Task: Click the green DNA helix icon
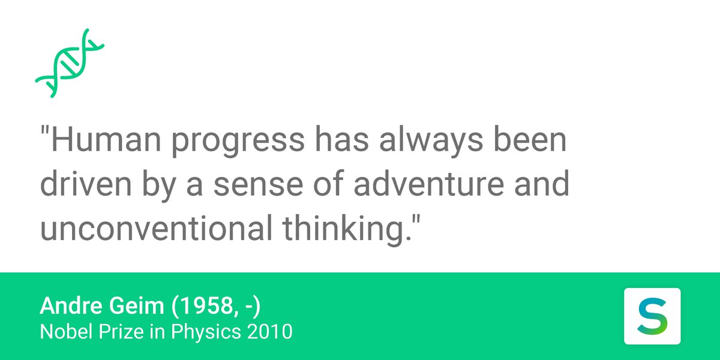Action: [70, 63]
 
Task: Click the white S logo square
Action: [652, 316]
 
